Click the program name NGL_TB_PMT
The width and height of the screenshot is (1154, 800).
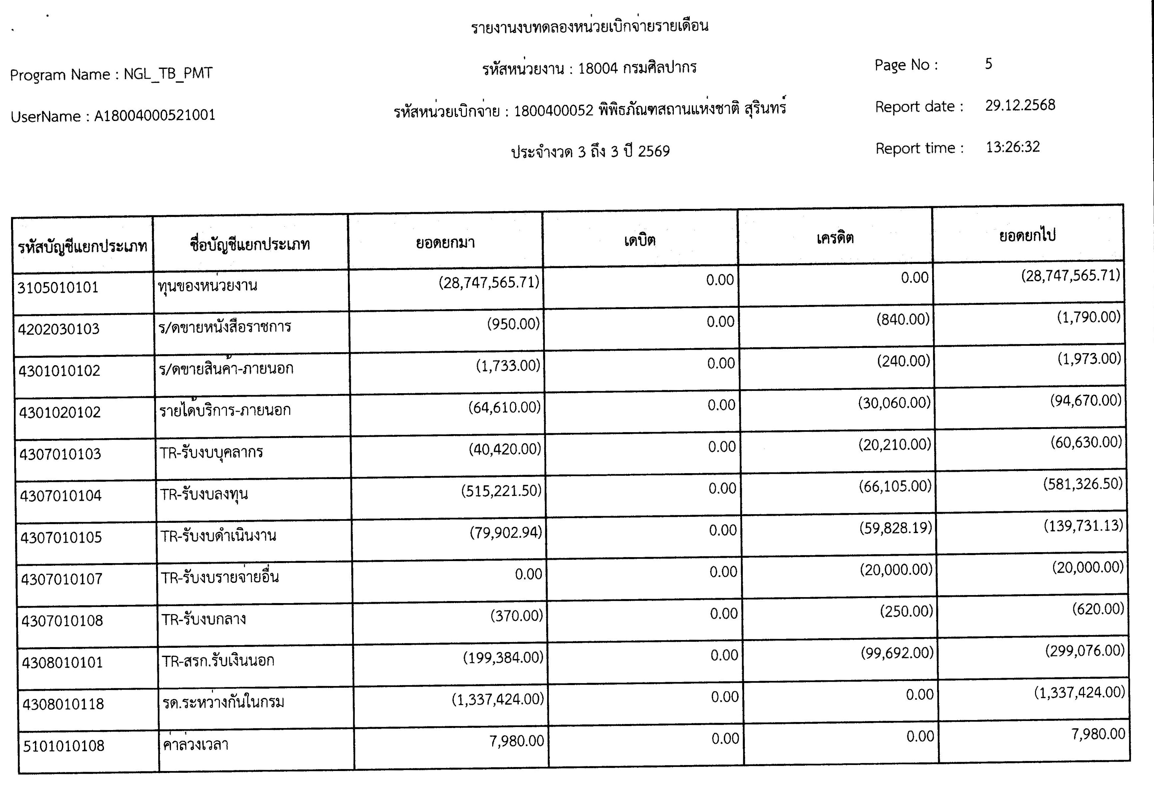[x=168, y=74]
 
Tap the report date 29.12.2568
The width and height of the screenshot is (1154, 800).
[x=1020, y=105]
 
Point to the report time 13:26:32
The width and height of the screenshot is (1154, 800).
[x=1013, y=147]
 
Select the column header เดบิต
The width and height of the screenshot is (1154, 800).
[x=640, y=241]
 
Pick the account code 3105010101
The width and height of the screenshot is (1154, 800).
[x=58, y=288]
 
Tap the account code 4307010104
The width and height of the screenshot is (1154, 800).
[x=61, y=496]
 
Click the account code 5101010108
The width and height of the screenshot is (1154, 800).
[x=64, y=746]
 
